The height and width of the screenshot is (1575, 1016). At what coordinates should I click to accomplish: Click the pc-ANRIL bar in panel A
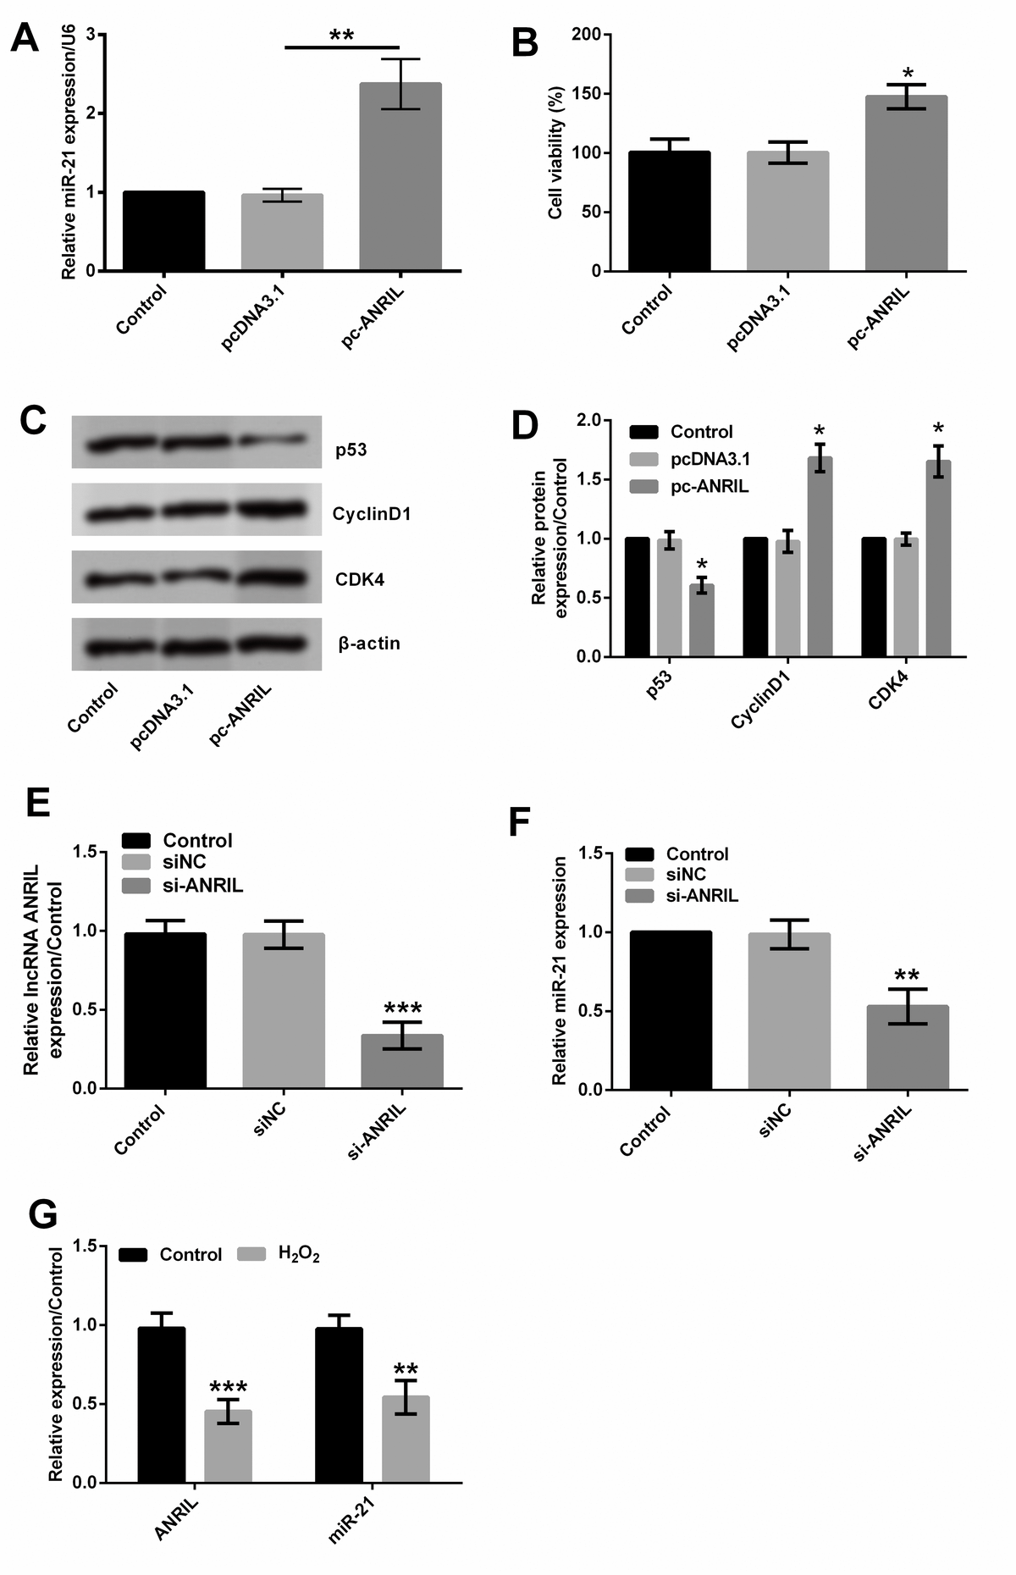point(400,178)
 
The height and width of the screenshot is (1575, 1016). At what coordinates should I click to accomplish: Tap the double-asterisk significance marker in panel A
point(341,36)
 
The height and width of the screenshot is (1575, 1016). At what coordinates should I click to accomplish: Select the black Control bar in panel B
point(669,212)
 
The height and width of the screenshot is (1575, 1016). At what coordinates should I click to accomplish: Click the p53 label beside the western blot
point(351,450)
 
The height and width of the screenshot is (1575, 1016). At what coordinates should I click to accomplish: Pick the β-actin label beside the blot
point(369,644)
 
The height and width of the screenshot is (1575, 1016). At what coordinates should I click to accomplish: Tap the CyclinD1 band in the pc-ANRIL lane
point(273,510)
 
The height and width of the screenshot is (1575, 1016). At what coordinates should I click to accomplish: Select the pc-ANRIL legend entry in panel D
point(709,487)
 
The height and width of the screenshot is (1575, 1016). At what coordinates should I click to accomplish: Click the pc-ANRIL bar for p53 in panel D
point(701,621)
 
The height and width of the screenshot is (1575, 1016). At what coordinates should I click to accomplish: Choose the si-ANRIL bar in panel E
point(402,1062)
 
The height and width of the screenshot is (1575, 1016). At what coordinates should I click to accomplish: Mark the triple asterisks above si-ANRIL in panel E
point(402,1008)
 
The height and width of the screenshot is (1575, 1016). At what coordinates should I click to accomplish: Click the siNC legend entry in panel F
point(686,875)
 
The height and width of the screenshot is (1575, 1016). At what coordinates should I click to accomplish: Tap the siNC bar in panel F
point(789,1011)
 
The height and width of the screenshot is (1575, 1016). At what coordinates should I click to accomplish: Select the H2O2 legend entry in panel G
point(298,1254)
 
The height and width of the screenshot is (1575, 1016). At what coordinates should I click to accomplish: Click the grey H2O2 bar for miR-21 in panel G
point(406,1440)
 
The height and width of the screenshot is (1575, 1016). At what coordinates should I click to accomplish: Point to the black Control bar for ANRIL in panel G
point(162,1406)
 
